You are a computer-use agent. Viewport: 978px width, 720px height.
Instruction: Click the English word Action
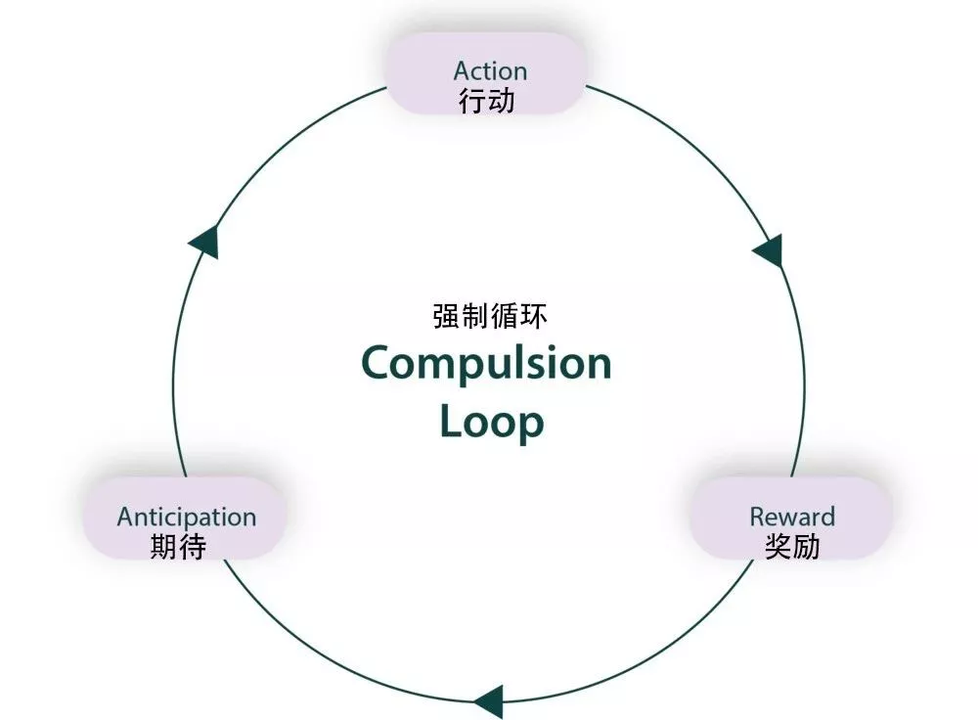click(x=490, y=70)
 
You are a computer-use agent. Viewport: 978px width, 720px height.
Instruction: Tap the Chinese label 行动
click(x=487, y=101)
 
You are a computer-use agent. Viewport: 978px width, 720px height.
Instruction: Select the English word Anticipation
click(x=187, y=517)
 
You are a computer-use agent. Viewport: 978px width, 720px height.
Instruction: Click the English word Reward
click(x=792, y=516)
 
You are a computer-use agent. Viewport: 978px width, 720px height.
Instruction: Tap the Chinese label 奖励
click(x=792, y=546)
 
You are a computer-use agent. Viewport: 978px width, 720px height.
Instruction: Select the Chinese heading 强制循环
click(x=490, y=316)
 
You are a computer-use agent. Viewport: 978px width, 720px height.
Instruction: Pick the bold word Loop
click(x=491, y=421)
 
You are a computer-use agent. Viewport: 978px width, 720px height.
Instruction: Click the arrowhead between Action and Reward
click(x=769, y=250)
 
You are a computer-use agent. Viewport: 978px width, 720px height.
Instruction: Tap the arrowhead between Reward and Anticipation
click(x=489, y=701)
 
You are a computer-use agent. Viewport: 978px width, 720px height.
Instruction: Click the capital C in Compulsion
click(x=377, y=363)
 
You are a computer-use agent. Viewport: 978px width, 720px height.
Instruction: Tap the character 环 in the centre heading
click(x=534, y=316)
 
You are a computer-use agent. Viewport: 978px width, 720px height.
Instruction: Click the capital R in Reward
click(x=758, y=516)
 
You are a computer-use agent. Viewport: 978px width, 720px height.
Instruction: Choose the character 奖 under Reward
click(x=778, y=546)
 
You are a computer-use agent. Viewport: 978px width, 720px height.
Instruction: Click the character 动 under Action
click(x=501, y=101)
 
